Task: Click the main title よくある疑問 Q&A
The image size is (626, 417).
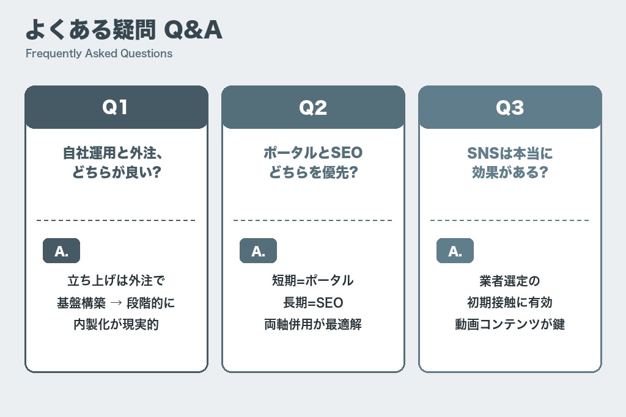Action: [123, 29]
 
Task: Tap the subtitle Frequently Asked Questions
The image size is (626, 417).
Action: [99, 53]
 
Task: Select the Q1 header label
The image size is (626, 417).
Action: [116, 107]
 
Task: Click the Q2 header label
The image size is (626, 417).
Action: [313, 107]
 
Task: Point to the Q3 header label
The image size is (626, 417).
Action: [510, 107]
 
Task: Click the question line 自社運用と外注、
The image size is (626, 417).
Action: [116, 153]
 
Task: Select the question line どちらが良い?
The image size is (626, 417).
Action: [116, 172]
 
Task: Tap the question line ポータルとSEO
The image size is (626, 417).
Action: [313, 153]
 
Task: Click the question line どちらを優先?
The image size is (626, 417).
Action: [313, 172]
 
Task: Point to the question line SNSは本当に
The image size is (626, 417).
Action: [510, 153]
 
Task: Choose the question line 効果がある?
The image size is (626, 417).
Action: [510, 172]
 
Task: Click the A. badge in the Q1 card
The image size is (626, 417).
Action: [61, 251]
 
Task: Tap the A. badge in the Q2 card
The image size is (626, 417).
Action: [258, 251]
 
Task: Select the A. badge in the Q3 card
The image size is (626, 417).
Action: [455, 251]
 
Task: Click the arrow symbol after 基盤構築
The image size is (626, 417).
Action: [116, 303]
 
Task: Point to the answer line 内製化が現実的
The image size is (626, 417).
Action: [116, 324]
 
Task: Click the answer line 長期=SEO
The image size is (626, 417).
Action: [313, 303]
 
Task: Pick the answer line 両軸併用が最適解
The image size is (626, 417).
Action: [313, 324]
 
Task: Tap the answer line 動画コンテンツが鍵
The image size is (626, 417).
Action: [510, 324]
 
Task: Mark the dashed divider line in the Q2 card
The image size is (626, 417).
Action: [313, 220]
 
